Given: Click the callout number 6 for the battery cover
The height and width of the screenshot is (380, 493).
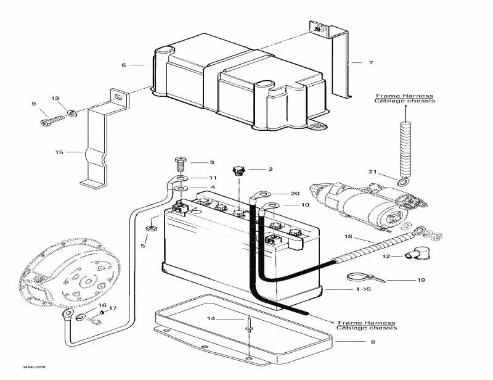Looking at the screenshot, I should (x=123, y=65).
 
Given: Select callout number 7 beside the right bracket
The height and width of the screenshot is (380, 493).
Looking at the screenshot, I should (x=370, y=63).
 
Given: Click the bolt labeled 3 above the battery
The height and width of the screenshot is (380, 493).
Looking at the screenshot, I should (x=180, y=164).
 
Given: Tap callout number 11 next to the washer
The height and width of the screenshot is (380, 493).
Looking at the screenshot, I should (x=212, y=178).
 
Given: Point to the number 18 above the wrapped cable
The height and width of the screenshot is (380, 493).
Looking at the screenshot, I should (x=348, y=237).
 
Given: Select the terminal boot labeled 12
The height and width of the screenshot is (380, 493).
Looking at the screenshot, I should (x=408, y=255).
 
